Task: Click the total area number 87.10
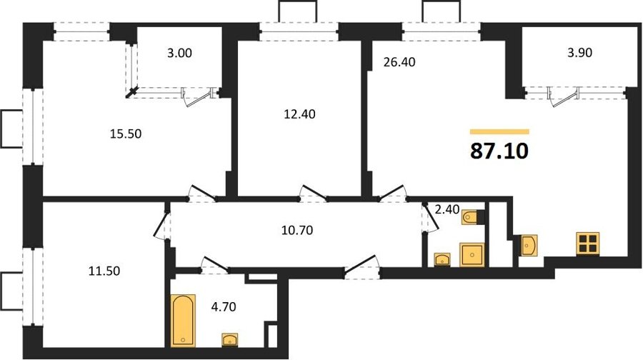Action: coord(499,151)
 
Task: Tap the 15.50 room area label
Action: coord(126,134)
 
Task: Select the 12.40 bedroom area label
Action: coord(300,114)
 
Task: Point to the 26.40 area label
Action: coord(399,62)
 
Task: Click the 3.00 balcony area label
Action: coord(179,53)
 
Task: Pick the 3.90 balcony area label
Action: coord(580,53)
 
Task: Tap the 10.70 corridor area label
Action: coord(297,231)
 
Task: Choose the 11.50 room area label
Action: coord(104,271)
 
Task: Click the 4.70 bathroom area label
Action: coord(224,306)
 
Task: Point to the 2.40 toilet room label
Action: coord(447,210)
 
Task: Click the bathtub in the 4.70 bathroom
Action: coord(183,320)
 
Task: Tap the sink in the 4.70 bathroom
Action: coord(230,340)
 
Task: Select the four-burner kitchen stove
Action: coord(588,244)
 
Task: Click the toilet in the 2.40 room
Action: coord(471,217)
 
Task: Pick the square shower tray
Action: coord(472,254)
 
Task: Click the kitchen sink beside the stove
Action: coord(529,245)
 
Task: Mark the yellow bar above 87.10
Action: coord(499,131)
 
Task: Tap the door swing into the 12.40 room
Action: coord(313,194)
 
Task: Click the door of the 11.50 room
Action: coord(160,225)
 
